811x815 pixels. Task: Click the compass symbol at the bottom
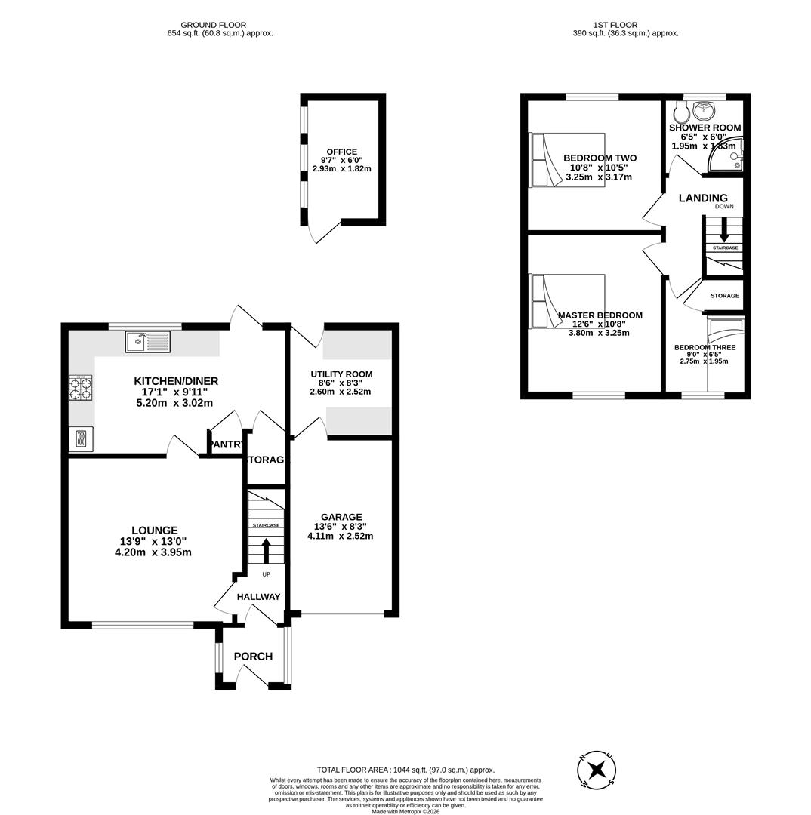[x=597, y=770]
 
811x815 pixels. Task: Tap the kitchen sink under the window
[x=148, y=342]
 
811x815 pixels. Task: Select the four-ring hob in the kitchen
[x=81, y=388]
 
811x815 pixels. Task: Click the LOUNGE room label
[x=154, y=531]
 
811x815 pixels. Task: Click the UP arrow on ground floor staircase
[x=266, y=550]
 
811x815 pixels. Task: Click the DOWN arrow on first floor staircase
[x=724, y=229]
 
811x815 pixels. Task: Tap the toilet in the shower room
[x=681, y=112]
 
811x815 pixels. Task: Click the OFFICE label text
[x=341, y=152]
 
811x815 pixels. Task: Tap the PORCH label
[x=253, y=657]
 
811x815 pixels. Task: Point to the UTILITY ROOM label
[x=341, y=374]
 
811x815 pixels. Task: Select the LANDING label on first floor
[x=703, y=198]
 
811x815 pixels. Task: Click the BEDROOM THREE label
[x=705, y=348]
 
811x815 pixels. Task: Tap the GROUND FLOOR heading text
[x=213, y=25]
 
